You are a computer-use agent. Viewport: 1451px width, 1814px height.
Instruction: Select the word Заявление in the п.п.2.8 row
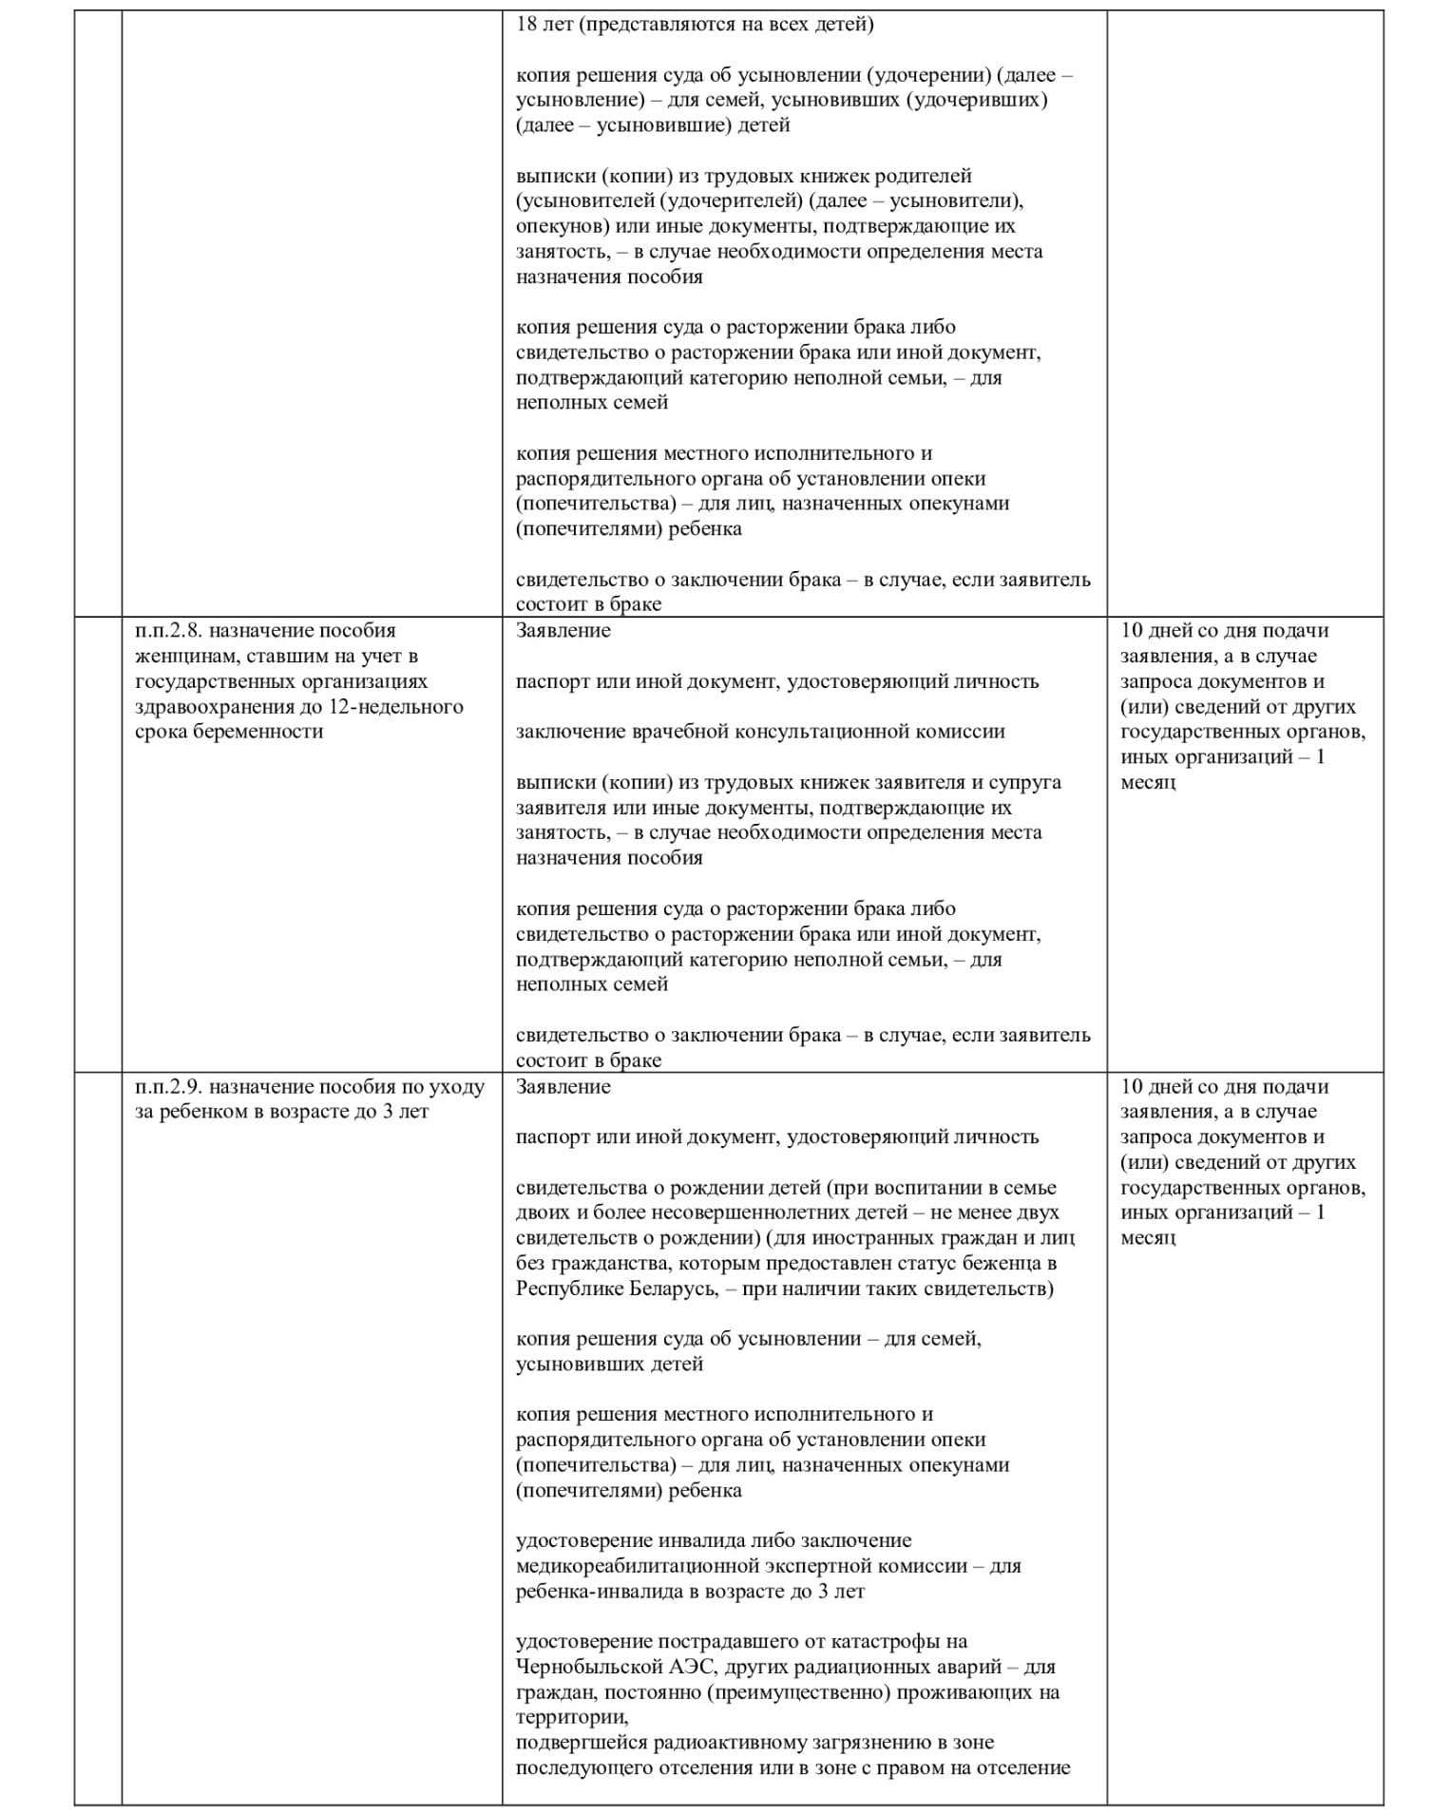click(x=563, y=631)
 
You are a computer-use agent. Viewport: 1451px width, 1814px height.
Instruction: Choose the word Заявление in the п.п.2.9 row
click(x=563, y=1087)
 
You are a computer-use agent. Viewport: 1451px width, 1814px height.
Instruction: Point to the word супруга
click(x=1025, y=783)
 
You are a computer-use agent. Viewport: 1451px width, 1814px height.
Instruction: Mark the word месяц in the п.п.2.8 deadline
click(x=1148, y=783)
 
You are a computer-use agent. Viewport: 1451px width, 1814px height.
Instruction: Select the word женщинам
click(x=180, y=657)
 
